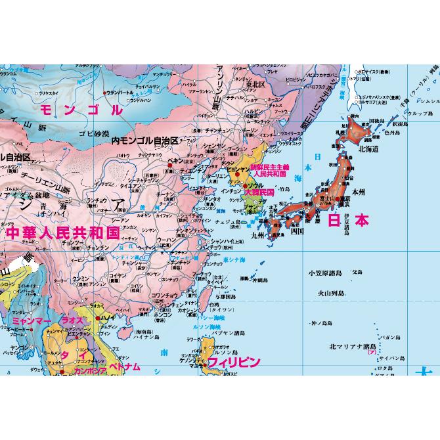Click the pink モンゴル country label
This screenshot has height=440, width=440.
point(81,110)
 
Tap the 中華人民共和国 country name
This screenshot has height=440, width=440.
point(62,232)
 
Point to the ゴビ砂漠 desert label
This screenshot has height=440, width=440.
point(93,133)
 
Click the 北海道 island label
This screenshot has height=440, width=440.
point(368,149)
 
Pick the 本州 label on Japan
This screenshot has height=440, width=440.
point(358,192)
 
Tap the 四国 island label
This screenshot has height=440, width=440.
point(296,231)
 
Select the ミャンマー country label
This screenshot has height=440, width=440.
point(32,320)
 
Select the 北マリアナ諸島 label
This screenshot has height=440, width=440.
point(352,345)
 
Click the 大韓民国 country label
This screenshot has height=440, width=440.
point(258,192)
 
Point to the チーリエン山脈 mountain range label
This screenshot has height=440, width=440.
point(47,176)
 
